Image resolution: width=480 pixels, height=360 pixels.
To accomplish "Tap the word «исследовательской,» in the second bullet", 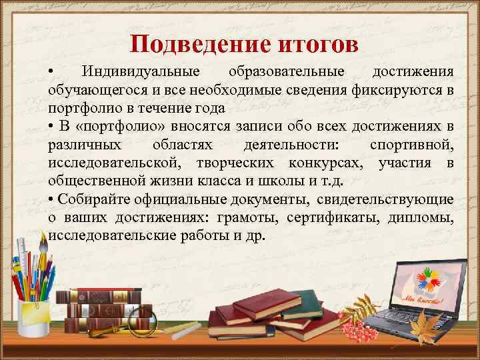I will [x=113, y=163].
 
